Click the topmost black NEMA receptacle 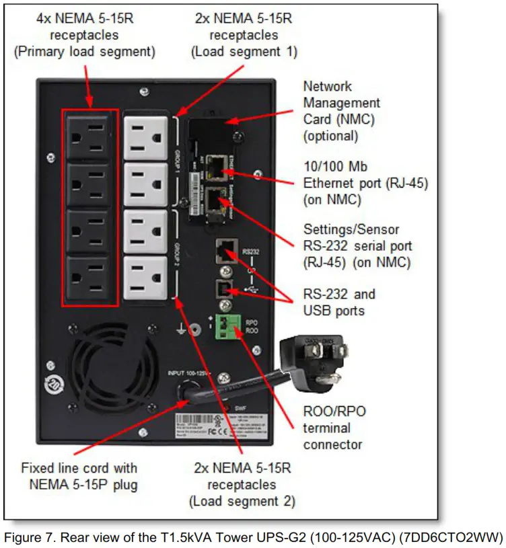90,136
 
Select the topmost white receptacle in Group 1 145,137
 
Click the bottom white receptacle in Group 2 145,276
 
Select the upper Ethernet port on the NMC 217,165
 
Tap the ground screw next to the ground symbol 194,329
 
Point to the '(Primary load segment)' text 85,51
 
